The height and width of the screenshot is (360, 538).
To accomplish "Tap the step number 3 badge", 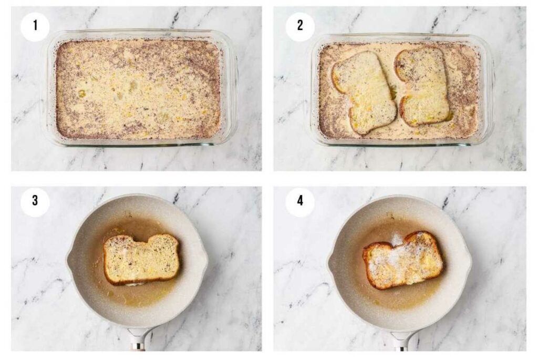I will (35, 202).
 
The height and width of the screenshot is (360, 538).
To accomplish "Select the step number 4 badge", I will (300, 202).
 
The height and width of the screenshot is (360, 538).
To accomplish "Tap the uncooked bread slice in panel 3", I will (141, 259).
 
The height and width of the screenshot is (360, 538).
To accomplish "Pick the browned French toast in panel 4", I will (402, 260).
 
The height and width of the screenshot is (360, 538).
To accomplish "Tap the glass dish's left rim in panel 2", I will (314, 89).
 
